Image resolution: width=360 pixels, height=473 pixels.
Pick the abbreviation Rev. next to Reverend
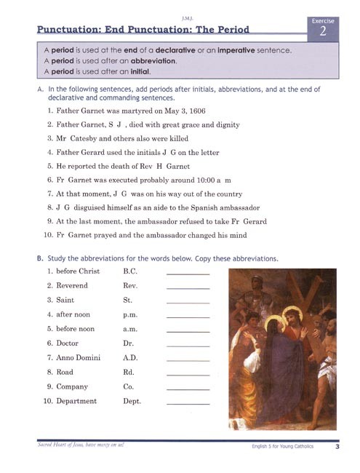(x=131, y=286)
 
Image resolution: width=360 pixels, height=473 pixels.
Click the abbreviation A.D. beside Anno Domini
(x=131, y=358)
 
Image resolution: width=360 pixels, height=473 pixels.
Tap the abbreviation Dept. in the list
(x=132, y=401)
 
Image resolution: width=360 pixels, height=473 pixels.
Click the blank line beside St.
(x=188, y=302)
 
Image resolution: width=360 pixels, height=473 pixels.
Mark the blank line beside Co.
(x=188, y=389)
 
